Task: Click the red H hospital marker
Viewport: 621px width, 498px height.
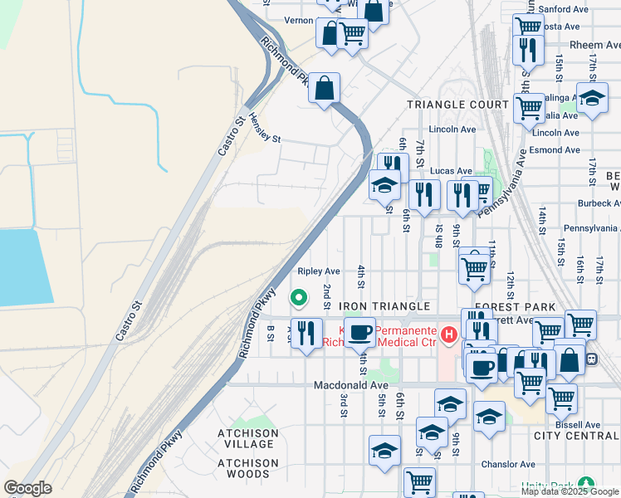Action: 449,334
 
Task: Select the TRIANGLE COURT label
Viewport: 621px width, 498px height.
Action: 457,105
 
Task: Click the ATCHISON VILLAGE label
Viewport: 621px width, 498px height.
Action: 247,439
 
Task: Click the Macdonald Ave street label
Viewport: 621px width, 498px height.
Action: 351,386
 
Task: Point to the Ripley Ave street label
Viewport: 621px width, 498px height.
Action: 319,271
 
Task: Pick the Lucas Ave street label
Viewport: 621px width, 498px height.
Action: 451,171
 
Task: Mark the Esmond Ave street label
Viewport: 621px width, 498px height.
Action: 555,150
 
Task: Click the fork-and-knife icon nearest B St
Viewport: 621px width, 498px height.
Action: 306,333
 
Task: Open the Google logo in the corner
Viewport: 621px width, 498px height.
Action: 28,488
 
